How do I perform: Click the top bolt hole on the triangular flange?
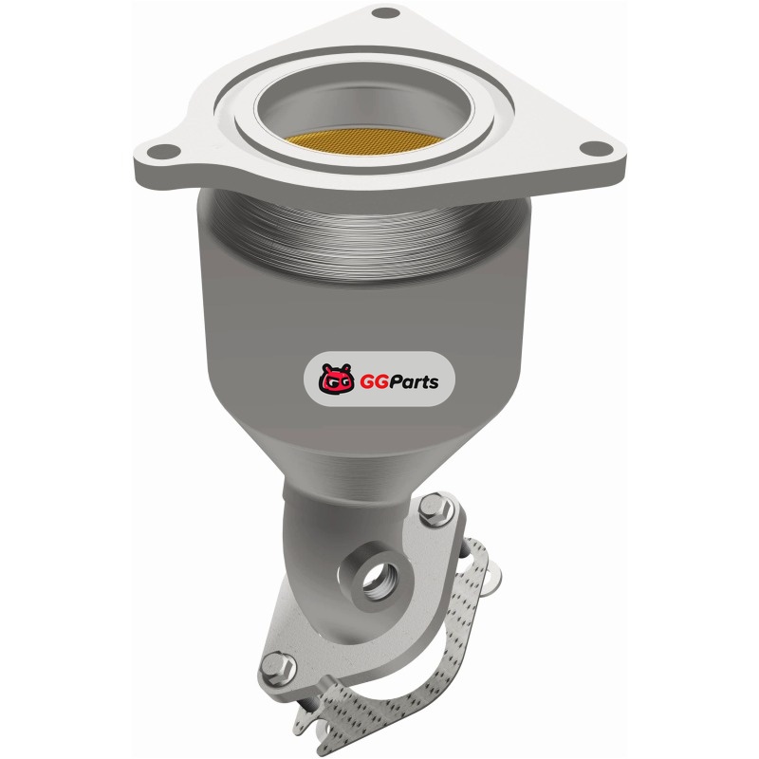click(x=385, y=13)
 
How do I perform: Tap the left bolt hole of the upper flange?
click(x=162, y=152)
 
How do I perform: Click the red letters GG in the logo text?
click(x=370, y=381)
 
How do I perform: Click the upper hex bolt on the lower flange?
click(x=435, y=508)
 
